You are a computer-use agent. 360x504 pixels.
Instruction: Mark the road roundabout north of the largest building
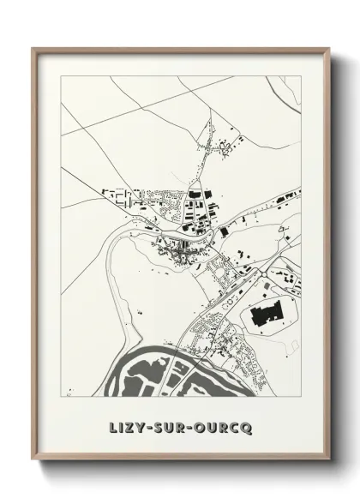[x=230, y=301]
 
